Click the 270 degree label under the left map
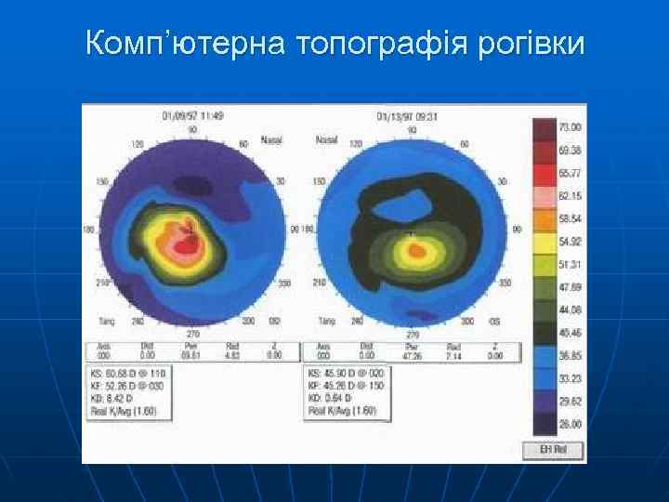[192, 333]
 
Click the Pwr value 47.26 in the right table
[412, 355]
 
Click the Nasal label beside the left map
[271, 140]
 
